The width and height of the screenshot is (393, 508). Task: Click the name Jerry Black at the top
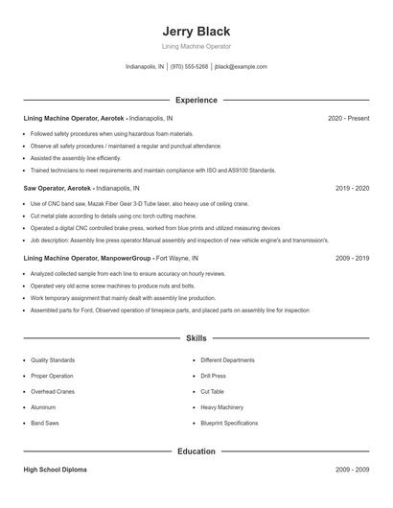click(x=196, y=32)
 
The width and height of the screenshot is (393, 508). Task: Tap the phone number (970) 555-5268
click(x=190, y=67)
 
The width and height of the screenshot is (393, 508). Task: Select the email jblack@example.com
click(x=241, y=67)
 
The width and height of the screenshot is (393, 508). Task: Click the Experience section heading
click(x=196, y=100)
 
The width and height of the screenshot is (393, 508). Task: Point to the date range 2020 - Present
click(x=349, y=118)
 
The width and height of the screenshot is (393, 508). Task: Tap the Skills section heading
click(x=196, y=338)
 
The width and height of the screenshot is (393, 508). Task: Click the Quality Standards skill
click(x=53, y=360)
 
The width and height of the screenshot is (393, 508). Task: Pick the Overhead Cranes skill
click(x=52, y=391)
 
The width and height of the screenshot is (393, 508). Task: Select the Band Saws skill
click(x=45, y=423)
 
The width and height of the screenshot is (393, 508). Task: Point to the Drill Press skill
click(x=214, y=376)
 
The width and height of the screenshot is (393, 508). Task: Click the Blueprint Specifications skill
click(x=229, y=423)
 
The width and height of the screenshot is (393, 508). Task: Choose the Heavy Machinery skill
click(x=222, y=407)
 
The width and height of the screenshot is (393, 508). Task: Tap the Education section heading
click(x=196, y=450)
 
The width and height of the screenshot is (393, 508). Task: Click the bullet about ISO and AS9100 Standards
click(x=153, y=170)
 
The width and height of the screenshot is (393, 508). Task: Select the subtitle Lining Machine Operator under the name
click(x=196, y=46)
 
